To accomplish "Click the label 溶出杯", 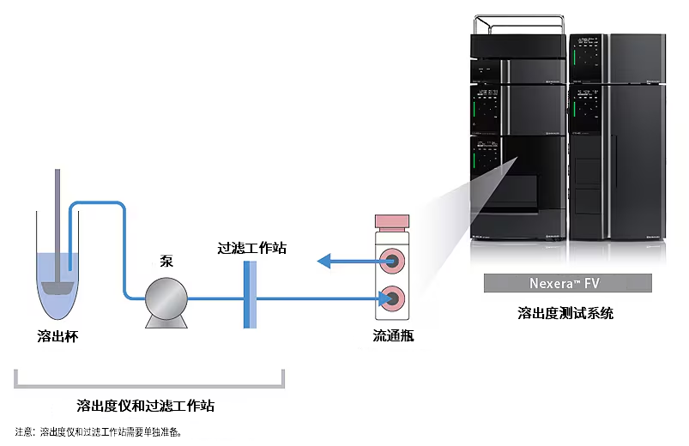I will [57, 337].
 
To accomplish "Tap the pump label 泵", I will [166, 260].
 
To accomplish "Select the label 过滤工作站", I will [251, 249].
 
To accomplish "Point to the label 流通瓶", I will [394, 337].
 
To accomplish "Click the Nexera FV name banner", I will [567, 283].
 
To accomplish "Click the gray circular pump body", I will [166, 296].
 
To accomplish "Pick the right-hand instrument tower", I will [617, 137].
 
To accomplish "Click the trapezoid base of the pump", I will [166, 322].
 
